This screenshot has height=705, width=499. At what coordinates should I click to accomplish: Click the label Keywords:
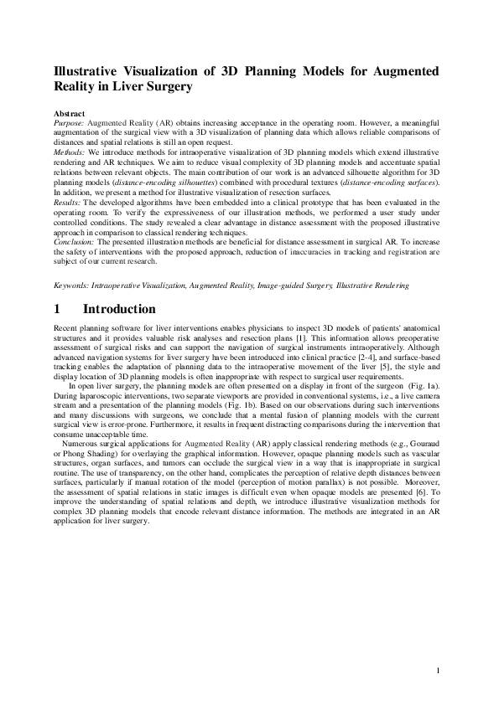[73, 286]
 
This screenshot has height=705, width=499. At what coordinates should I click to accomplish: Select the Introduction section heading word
[119, 310]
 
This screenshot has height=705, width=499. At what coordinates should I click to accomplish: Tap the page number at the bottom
[439, 671]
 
